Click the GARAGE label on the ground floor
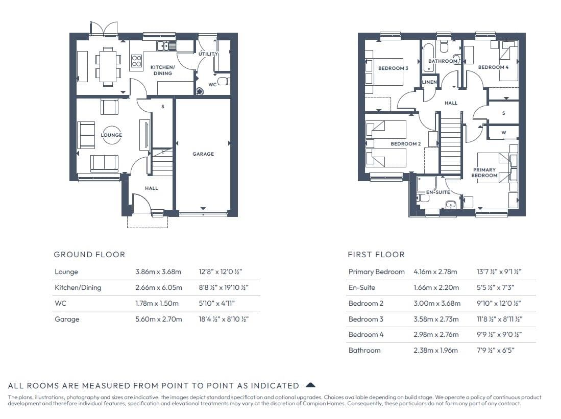tap(203, 154)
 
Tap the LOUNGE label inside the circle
tap(111, 135)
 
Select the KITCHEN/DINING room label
tap(163, 70)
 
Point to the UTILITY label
tap(208, 54)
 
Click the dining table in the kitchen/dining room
tap(108, 67)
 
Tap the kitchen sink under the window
tap(167, 46)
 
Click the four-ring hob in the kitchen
tap(136, 61)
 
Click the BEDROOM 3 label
tap(393, 68)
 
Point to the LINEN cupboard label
tap(429, 82)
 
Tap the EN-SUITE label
tap(438, 192)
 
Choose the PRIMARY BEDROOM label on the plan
tap(484, 172)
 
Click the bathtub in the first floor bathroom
tap(428, 57)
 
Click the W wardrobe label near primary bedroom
tap(504, 132)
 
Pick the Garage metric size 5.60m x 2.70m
tap(158, 319)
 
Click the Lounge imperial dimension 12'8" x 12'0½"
tap(221, 272)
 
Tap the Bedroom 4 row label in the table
tap(366, 335)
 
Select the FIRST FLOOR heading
tap(376, 254)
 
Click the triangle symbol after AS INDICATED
tap(310, 385)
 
